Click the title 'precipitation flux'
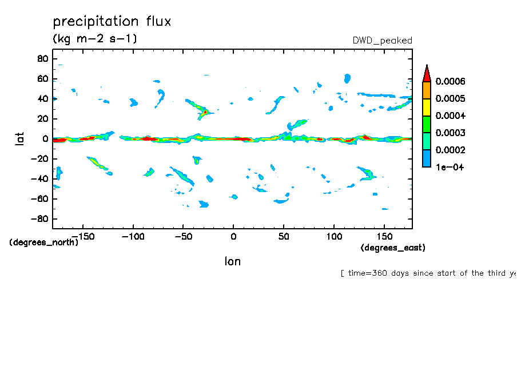coord(112,22)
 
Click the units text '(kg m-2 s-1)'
coord(95,39)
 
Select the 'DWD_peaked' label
coord(383,41)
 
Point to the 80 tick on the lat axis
coord(41,59)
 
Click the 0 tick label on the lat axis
coord(45,139)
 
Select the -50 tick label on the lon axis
coord(182,236)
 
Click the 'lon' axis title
coord(232,261)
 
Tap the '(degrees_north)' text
coord(44,242)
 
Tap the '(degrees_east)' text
coord(393,248)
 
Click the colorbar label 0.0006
coord(450,82)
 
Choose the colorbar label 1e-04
coord(450,168)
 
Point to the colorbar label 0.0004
coord(450,116)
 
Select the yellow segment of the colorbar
coord(426,108)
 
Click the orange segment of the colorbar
coord(426,90)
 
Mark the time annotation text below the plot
coord(428,273)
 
